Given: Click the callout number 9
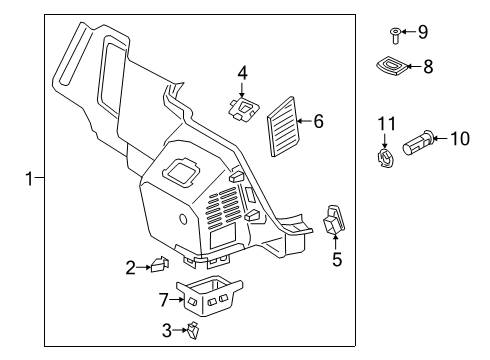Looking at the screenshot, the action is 423,32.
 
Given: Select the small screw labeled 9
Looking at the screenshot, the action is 395,36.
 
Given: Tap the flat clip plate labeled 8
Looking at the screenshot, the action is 392,65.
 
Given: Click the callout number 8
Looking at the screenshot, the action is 428,66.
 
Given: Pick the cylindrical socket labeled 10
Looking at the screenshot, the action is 418,142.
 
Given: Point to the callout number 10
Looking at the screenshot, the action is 460,138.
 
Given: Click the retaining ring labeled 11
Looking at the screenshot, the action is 385,158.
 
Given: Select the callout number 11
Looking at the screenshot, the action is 386,124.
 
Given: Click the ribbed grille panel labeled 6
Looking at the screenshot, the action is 283,127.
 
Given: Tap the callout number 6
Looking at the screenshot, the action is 319,121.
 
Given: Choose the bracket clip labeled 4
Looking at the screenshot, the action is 244,109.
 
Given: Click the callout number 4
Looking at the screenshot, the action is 243,73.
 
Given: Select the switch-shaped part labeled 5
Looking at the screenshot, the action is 334,220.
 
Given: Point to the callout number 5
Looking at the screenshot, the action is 337,259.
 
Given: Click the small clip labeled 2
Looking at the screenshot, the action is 160,264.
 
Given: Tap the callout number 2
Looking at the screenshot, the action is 131,268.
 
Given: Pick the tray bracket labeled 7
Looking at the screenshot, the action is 209,295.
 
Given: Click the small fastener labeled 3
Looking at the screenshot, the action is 193,330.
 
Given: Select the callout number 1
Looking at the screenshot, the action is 30,179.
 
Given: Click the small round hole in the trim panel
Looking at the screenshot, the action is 183,219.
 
